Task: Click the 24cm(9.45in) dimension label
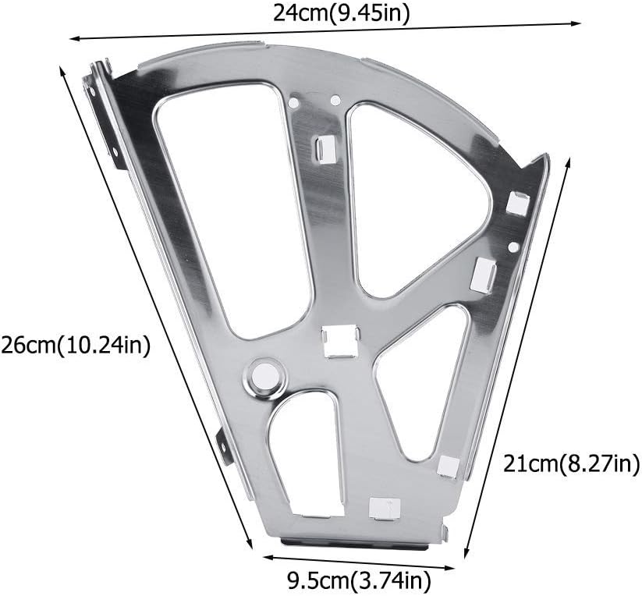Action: pyautogui.click(x=341, y=13)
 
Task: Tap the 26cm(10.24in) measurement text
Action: pyautogui.click(x=76, y=346)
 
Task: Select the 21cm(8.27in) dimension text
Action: pyautogui.click(x=571, y=464)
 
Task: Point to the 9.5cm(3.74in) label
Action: pyautogui.click(x=358, y=580)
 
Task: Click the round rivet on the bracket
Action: pyautogui.click(x=264, y=375)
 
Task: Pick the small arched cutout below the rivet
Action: pyautogui.click(x=306, y=452)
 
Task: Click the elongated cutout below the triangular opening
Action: pyautogui.click(x=422, y=383)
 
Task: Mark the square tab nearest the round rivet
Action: pyautogui.click(x=340, y=342)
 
